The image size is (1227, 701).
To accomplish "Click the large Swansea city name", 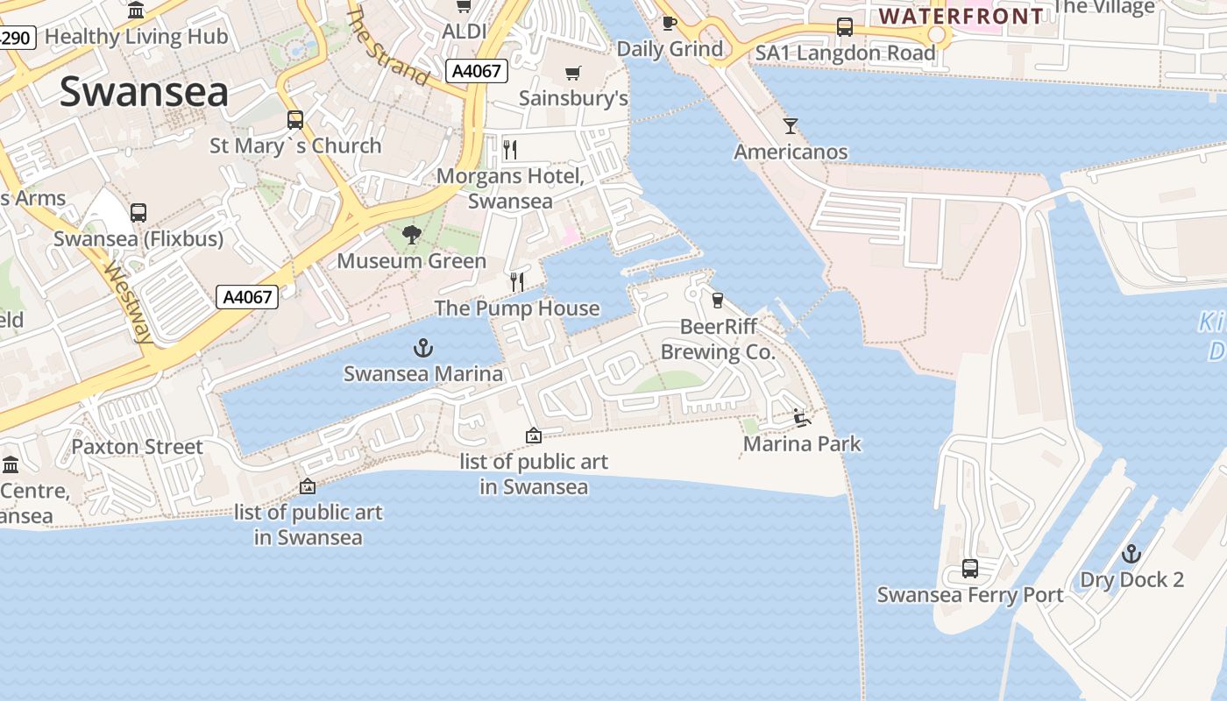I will coord(144,92).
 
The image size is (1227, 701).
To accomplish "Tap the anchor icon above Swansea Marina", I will coord(423,349).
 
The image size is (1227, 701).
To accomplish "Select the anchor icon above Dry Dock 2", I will coord(1131,554).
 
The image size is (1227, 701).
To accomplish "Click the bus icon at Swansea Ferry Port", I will coord(970,569).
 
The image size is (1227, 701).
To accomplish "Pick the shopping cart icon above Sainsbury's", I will coord(573,73).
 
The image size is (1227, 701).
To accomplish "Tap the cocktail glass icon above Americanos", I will coord(791,126).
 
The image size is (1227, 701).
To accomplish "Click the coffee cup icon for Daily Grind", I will coord(670,23).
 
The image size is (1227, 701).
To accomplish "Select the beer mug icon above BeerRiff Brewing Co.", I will coord(718,301).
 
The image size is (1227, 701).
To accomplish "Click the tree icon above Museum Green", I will coord(410,235).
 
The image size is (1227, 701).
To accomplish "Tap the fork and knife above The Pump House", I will coord(517,281).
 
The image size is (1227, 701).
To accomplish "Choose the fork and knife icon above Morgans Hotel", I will coord(510,150).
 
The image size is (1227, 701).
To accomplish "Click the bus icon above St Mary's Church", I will coord(295,120).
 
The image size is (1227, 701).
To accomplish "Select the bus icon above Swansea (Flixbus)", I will coord(138,213).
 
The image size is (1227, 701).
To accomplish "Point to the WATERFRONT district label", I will coord(961,16).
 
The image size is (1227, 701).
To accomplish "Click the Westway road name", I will coord(128,302).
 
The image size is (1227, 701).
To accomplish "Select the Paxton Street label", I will coord(137,447).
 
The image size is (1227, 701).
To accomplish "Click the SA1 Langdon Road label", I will coord(846,53).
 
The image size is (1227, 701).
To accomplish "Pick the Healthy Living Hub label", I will coord(136,37).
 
